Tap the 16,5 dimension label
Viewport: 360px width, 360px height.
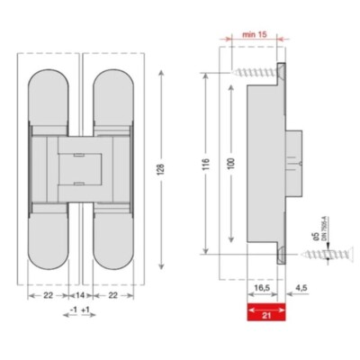point(260,289)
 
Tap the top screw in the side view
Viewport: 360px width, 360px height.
point(254,71)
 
